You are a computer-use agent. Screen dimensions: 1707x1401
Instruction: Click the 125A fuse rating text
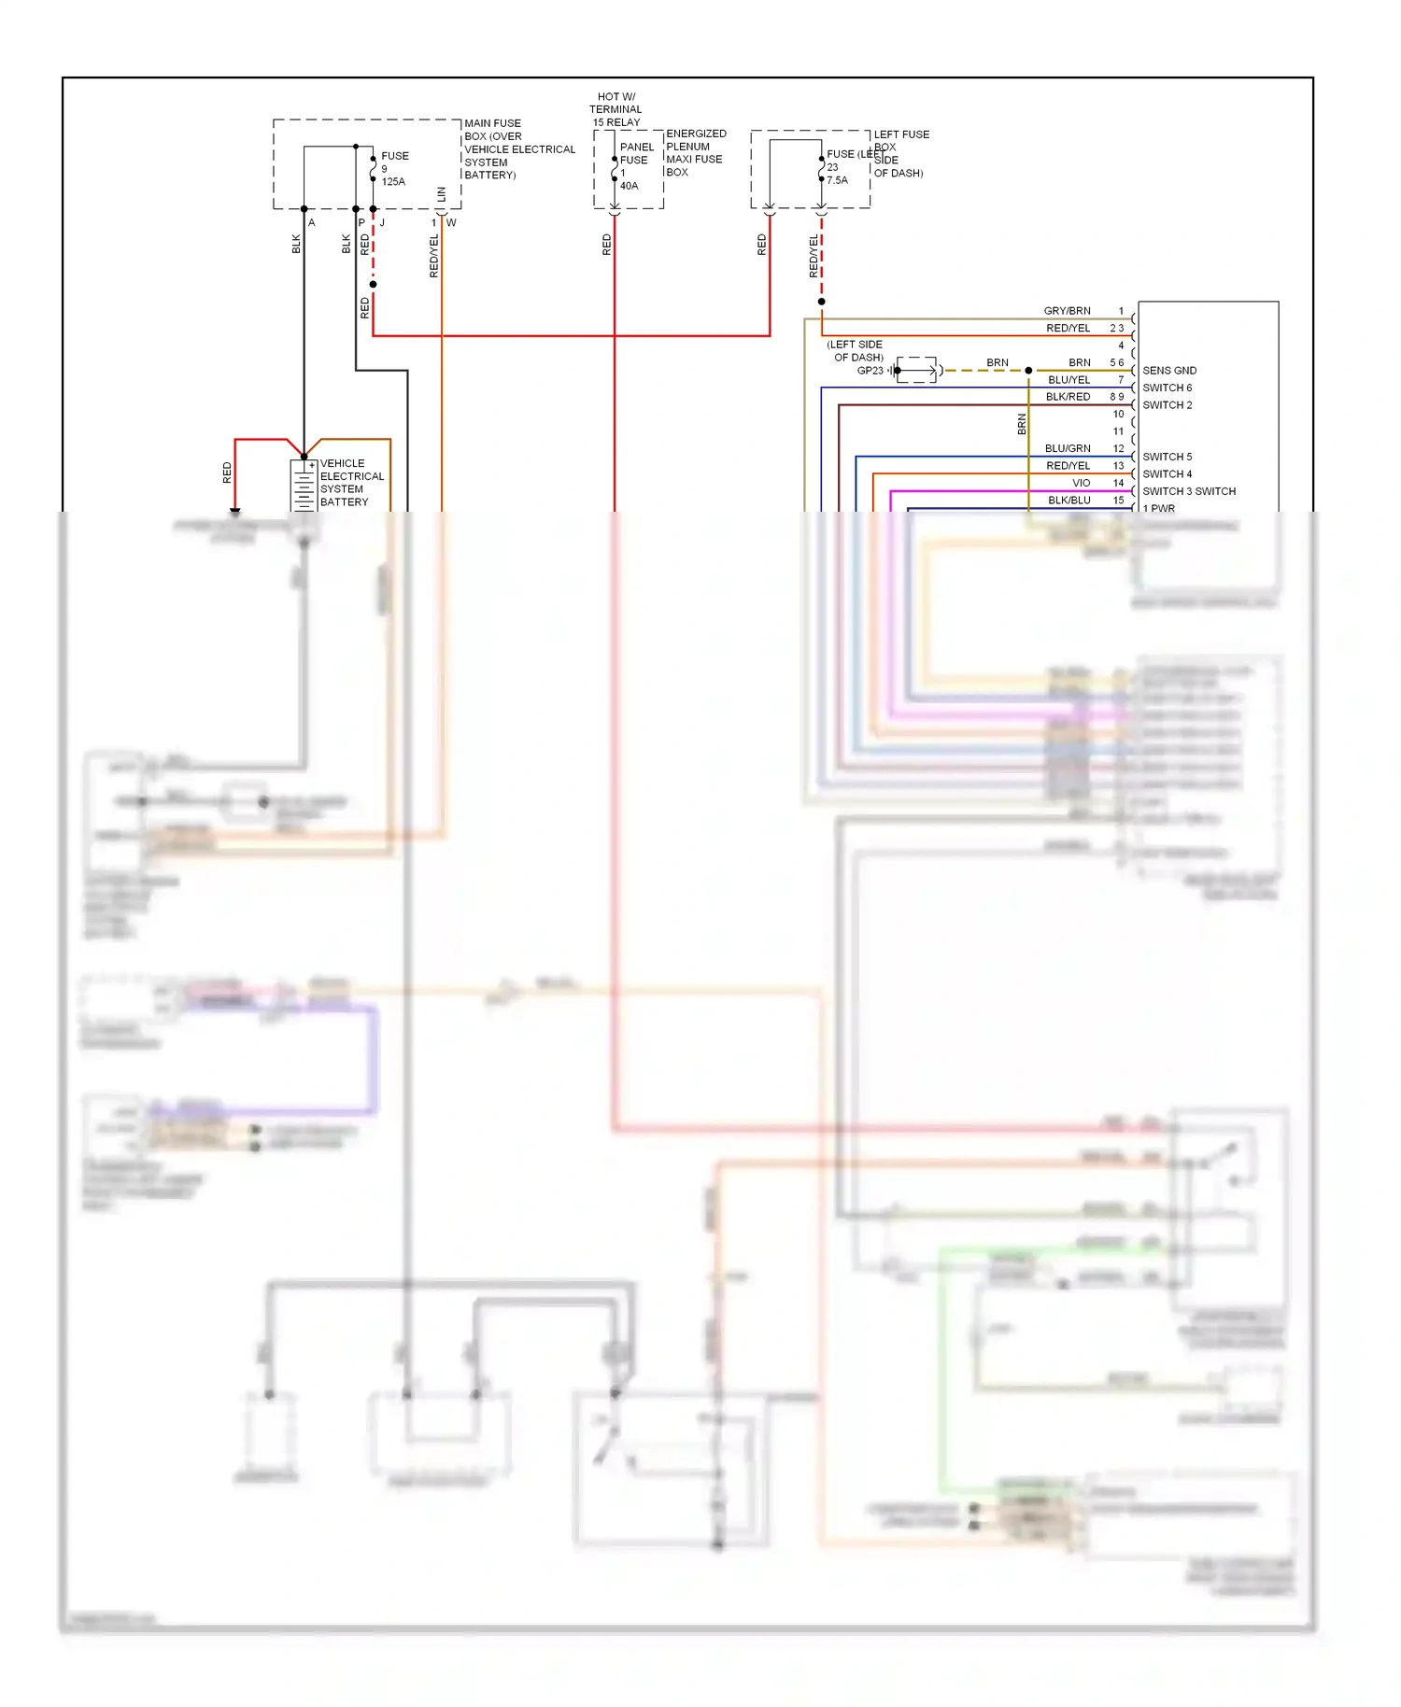click(x=393, y=182)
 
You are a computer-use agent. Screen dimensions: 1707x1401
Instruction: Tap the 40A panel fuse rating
click(x=629, y=186)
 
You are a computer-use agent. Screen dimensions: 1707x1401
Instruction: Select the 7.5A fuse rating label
click(x=837, y=180)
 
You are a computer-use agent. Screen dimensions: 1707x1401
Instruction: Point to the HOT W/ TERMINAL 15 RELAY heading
click(x=616, y=109)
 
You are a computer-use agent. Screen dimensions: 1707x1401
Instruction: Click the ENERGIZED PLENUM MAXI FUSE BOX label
click(x=695, y=153)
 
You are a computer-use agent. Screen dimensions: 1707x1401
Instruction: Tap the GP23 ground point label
click(x=870, y=371)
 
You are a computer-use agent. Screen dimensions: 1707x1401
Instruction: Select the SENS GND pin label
click(x=1168, y=371)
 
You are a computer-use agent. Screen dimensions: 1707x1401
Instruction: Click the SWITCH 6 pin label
click(x=1167, y=388)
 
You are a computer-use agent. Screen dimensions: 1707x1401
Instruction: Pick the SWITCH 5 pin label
click(x=1167, y=457)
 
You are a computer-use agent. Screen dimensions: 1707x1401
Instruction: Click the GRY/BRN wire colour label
click(x=1067, y=311)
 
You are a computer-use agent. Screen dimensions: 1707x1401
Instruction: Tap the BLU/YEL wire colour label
click(x=1068, y=380)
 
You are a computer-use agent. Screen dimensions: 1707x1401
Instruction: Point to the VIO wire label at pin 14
click(x=1081, y=483)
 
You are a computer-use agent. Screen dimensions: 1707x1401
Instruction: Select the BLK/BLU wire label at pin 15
click(x=1068, y=501)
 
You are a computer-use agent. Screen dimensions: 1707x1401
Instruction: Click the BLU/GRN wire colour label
click(x=1067, y=448)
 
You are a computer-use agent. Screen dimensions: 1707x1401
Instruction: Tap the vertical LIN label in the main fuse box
click(x=442, y=194)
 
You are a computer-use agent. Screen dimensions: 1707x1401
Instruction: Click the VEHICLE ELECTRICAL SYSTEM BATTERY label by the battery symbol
click(x=351, y=482)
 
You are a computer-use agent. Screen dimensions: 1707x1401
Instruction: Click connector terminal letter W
click(x=451, y=223)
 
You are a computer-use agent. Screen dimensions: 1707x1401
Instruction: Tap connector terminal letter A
click(x=312, y=223)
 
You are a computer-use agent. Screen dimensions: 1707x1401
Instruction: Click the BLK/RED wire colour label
click(x=1068, y=397)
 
